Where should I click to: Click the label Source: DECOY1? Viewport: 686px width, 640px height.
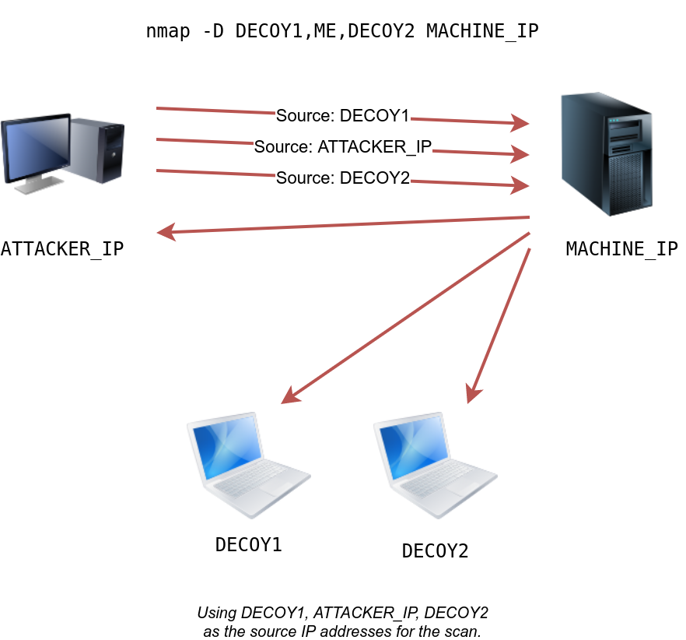coord(342,116)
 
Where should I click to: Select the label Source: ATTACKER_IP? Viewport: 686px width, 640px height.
coord(342,147)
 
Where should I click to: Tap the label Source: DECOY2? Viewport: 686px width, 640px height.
coord(342,178)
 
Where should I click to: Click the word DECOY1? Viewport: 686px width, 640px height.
coord(375,116)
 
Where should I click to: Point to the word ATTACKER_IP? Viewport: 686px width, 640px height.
coord(375,147)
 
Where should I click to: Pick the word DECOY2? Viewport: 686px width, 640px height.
coord(375,178)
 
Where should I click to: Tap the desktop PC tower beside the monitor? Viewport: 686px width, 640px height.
coord(100,149)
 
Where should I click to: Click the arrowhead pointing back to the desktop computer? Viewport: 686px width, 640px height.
coord(166,231)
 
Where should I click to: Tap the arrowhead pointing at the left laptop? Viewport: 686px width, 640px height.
coord(289,396)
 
